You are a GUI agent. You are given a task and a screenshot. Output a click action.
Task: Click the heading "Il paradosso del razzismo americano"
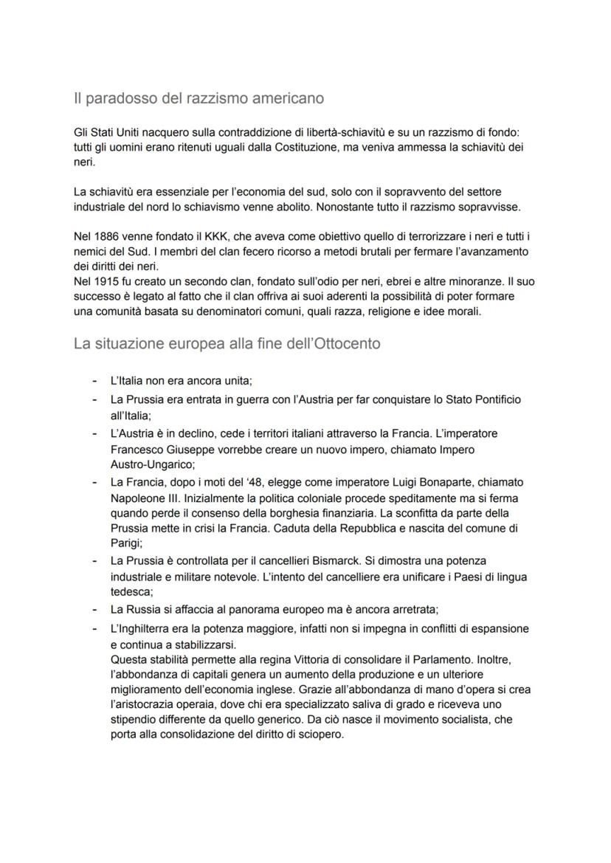pos(199,97)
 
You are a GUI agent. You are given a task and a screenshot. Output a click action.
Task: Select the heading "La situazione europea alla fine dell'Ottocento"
pos(227,343)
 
